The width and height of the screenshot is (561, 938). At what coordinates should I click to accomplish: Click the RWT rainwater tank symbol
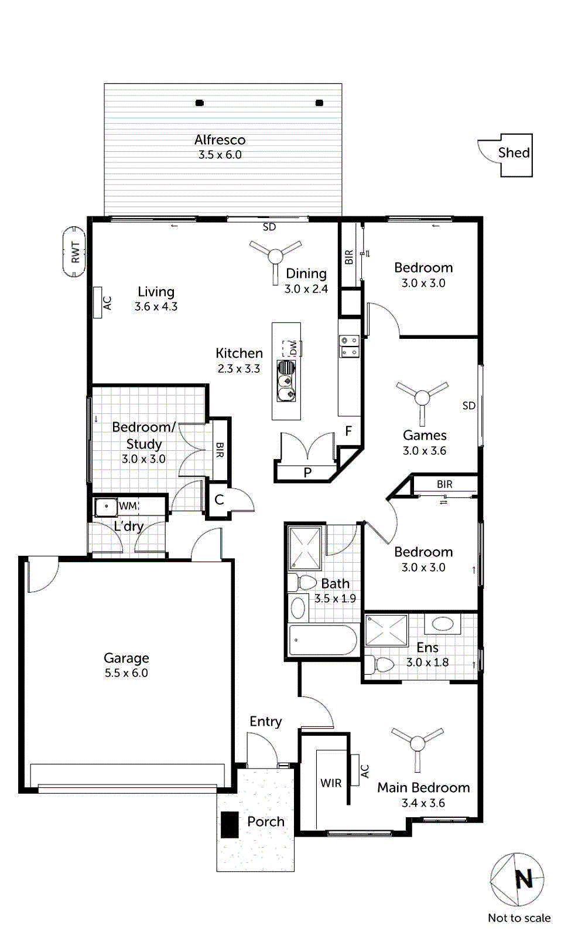coord(74,252)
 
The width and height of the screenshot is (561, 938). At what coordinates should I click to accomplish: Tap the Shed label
coord(514,152)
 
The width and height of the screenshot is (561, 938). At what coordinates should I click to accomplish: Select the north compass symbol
coord(517,879)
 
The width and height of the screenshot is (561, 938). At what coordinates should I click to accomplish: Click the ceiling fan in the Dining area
coord(275,256)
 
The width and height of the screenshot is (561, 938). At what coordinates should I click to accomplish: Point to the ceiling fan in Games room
coord(422,398)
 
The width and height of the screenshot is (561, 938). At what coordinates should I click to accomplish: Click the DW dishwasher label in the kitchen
coord(293,348)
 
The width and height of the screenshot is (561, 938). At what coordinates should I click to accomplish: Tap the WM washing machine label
coord(128,506)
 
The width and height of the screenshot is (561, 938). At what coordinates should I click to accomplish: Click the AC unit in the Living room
coord(98,303)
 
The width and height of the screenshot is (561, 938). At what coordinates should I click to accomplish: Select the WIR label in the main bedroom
coord(331,783)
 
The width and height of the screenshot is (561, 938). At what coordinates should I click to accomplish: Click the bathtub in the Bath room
coord(323,640)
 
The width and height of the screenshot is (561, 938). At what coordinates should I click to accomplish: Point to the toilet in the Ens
coord(382,665)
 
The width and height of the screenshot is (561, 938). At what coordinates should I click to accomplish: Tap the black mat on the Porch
coord(230,824)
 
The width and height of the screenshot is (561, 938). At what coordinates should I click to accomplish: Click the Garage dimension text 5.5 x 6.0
coord(126,673)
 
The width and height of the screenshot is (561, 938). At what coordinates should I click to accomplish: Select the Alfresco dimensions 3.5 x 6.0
coord(220,155)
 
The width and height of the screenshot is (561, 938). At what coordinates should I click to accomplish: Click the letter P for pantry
coord(307,473)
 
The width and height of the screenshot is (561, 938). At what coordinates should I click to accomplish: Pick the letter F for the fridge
coord(348,431)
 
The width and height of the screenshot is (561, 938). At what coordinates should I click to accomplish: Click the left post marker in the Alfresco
coord(199,103)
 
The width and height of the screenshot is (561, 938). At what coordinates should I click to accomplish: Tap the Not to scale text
coord(519,918)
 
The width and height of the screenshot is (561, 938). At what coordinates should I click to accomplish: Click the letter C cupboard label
coord(219,500)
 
